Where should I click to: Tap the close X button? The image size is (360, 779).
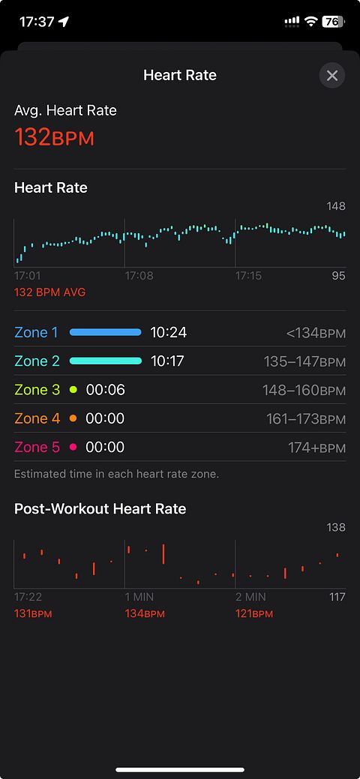click(332, 76)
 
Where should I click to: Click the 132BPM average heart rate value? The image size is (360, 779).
click(54, 136)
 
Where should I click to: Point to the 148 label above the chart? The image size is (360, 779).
click(336, 206)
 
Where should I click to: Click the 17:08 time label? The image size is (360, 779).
click(139, 276)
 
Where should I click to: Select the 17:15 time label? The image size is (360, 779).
click(248, 276)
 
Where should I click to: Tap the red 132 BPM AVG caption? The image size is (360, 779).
click(49, 292)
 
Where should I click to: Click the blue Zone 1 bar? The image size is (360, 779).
click(106, 332)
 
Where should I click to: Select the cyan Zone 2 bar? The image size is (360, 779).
click(106, 361)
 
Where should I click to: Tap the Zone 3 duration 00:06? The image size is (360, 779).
click(106, 390)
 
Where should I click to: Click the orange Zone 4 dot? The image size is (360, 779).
click(73, 419)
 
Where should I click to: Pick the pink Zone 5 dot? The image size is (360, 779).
click(73, 448)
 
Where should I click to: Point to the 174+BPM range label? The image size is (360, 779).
click(316, 448)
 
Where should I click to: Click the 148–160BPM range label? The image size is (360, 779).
click(304, 391)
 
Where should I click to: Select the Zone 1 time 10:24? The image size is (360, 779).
click(169, 332)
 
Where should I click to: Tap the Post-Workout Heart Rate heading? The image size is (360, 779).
click(100, 509)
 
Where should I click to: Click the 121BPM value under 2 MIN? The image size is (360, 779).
click(254, 614)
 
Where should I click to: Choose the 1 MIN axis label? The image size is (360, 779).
click(139, 597)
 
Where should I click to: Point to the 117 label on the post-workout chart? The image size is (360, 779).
click(337, 597)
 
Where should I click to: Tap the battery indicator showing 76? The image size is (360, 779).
click(332, 21)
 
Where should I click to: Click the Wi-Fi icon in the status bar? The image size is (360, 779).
click(311, 21)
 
